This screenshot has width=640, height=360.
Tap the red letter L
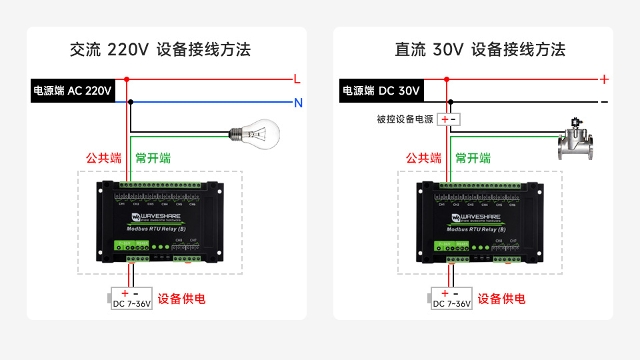297,79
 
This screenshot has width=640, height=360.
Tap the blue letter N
299,103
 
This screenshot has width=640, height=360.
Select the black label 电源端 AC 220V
73,91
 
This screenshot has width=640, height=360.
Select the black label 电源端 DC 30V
381,91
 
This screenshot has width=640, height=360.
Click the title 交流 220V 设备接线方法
160,49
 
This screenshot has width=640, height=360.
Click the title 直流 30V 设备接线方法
480,49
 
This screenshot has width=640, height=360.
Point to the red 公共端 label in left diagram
103,159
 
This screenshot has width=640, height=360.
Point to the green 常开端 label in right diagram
473,159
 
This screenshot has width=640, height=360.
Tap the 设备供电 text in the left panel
181,299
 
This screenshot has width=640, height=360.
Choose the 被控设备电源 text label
405,119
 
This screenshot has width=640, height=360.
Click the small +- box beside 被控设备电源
449,119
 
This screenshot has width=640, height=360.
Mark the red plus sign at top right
604,79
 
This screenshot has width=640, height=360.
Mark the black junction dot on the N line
131,102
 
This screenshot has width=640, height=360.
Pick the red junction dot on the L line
126,79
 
